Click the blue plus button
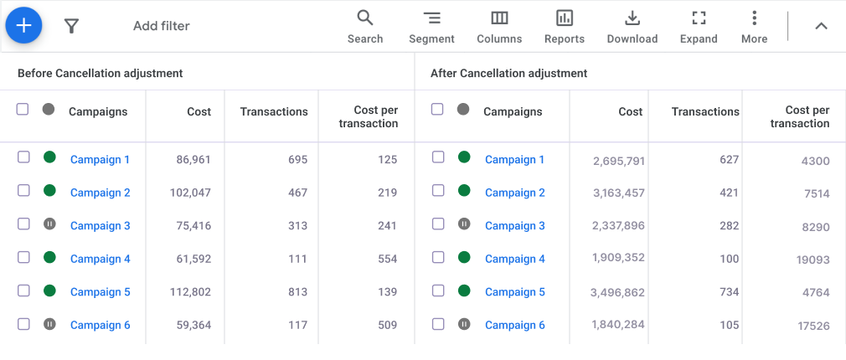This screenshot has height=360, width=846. [24, 25]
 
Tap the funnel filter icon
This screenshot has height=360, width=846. [71, 26]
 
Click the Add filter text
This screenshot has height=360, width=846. [161, 26]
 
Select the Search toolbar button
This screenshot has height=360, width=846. [365, 26]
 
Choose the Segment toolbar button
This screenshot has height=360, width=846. [431, 26]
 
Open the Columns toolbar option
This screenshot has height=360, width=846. [499, 26]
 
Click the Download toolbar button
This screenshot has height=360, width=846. [632, 26]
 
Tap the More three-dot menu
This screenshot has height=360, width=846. [754, 26]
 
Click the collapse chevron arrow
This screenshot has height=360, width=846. [821, 26]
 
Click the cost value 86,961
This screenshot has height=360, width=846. [193, 159]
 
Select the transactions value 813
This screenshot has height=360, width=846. [297, 292]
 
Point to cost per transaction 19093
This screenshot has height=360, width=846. [812, 260]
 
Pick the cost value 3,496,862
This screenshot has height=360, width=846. [617, 292]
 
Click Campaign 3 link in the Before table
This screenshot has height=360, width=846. [101, 225]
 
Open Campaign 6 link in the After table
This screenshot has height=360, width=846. [515, 325]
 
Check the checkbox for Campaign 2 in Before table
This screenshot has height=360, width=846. [23, 192]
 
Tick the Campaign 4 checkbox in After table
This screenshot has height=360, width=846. [438, 257]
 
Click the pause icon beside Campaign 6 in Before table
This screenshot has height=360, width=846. [49, 324]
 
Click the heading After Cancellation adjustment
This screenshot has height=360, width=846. [508, 73]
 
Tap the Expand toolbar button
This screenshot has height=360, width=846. [699, 26]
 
